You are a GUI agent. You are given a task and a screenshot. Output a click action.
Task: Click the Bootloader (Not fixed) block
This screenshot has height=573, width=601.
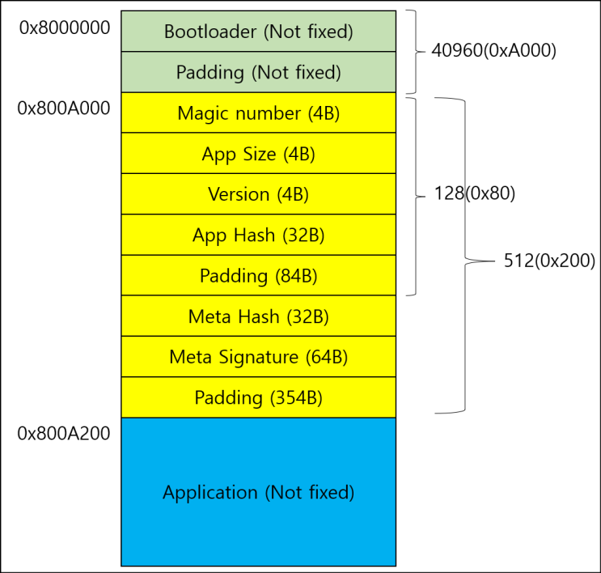[258, 32]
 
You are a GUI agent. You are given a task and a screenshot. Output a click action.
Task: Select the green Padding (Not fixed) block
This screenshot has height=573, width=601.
[258, 72]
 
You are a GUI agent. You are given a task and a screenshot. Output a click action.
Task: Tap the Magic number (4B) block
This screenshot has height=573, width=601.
[258, 113]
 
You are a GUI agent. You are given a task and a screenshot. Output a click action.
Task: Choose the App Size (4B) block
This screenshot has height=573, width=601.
[258, 154]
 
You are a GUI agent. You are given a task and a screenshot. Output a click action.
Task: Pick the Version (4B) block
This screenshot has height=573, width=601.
[258, 194]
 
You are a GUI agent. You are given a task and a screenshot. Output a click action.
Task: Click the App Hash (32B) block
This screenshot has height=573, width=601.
[258, 235]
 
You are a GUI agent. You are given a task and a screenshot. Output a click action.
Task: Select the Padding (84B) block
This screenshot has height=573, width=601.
[258, 276]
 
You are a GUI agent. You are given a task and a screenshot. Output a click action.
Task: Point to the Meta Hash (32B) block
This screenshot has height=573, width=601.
[258, 316]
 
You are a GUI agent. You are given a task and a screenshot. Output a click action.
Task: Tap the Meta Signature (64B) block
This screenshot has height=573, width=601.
[258, 357]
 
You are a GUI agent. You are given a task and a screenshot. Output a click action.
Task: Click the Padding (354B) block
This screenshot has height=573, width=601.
[258, 397]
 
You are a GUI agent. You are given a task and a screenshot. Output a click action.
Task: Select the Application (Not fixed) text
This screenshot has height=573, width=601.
[258, 492]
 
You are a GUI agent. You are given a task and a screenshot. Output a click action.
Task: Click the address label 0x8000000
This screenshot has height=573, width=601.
[64, 28]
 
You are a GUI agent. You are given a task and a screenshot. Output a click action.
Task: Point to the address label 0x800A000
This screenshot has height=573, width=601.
[64, 108]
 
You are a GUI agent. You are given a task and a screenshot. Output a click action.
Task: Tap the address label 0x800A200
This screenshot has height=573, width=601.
[64, 433]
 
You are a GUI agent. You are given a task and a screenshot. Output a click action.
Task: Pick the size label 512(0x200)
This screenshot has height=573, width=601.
[549, 261]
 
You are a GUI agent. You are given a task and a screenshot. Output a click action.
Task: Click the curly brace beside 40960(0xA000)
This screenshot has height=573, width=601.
[413, 51]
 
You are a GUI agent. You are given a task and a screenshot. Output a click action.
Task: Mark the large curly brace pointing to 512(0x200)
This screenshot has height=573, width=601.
[464, 261]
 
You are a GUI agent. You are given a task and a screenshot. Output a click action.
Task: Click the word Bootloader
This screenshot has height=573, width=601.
[205, 32]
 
